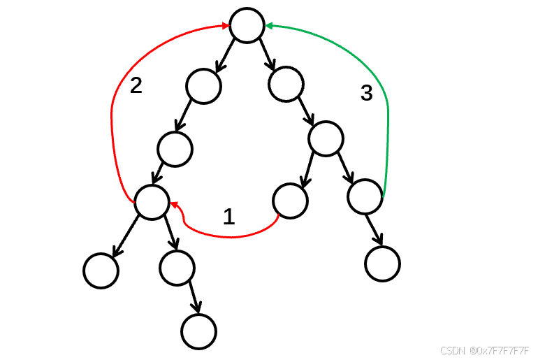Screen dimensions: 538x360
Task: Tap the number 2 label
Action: [136, 85]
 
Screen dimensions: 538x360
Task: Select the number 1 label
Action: [228, 217]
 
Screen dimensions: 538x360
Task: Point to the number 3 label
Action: [366, 93]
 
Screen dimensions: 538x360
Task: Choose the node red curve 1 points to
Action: [152, 202]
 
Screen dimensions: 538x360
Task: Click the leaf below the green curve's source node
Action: [382, 264]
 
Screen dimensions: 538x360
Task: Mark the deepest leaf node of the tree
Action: [198, 331]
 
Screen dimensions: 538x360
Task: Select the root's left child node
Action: [203, 85]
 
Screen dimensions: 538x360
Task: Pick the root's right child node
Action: [286, 85]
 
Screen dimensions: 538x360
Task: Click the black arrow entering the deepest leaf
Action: [194, 298]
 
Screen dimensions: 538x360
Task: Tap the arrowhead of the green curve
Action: [269, 26]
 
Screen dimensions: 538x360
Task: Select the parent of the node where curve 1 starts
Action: [326, 138]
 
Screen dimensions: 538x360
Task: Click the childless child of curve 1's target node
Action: [101, 270]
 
